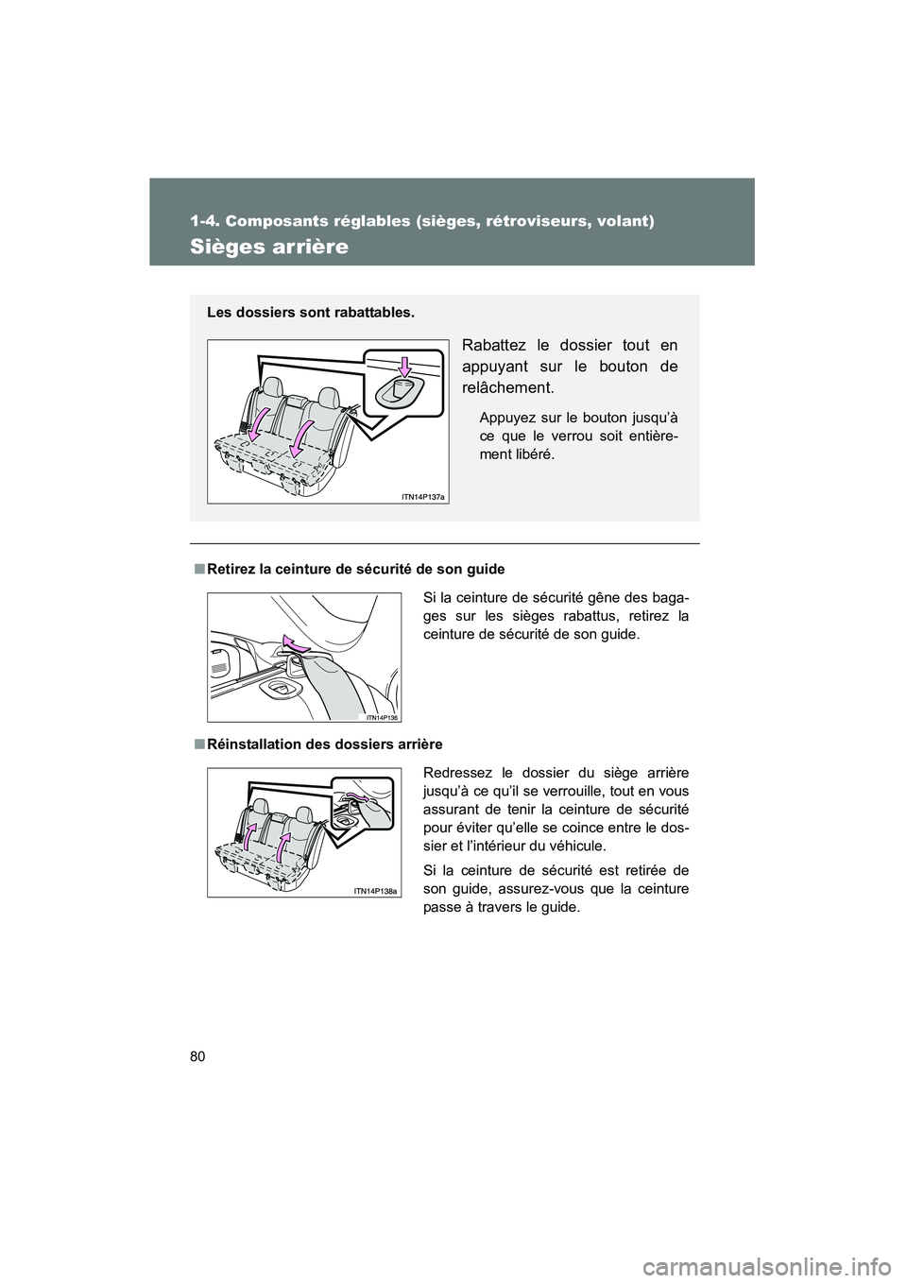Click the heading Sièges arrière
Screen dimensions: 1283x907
(270, 248)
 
